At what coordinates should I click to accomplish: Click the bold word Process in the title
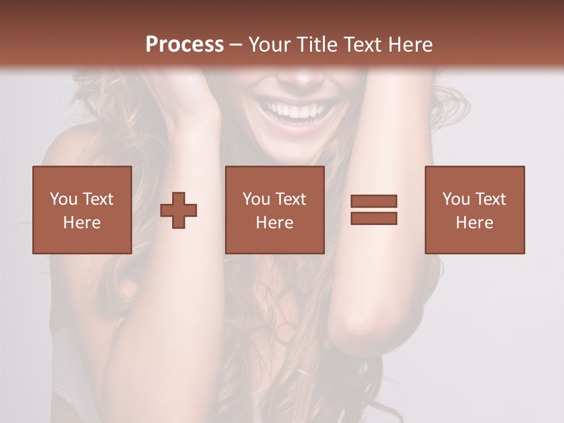pyautogui.click(x=184, y=45)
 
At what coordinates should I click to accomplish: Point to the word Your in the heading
pyautogui.click(x=270, y=45)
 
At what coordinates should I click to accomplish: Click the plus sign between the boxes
pyautogui.click(x=179, y=210)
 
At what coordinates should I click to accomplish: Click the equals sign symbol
pyautogui.click(x=374, y=210)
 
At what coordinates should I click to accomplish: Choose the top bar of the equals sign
pyautogui.click(x=374, y=201)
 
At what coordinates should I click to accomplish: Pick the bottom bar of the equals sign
pyautogui.click(x=374, y=219)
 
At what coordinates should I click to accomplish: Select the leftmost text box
pyautogui.click(x=82, y=210)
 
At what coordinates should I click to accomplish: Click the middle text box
pyautogui.click(x=274, y=210)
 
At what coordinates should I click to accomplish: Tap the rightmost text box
pyautogui.click(x=474, y=210)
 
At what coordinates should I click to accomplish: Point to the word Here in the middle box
pyautogui.click(x=274, y=223)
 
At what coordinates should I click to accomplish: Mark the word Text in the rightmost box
pyautogui.click(x=490, y=199)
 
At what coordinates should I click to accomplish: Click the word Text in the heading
pyautogui.click(x=361, y=45)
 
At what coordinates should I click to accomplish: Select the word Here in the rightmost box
pyautogui.click(x=474, y=223)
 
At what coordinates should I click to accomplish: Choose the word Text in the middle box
pyautogui.click(x=290, y=199)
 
